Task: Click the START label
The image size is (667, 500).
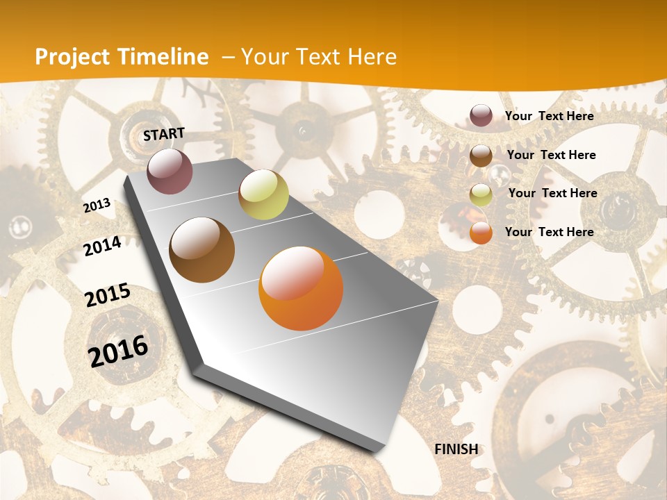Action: tap(164, 133)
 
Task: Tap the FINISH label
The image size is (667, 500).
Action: tap(456, 449)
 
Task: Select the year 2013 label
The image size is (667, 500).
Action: tap(97, 206)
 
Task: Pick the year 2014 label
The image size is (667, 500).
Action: tap(102, 246)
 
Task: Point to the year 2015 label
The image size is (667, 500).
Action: tap(108, 295)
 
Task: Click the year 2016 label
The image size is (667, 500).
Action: tap(118, 351)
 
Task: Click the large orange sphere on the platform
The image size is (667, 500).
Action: tap(301, 288)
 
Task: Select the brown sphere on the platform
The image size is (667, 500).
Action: tap(202, 250)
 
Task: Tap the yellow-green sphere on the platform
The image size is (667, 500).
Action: tap(263, 194)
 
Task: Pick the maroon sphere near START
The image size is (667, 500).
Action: tap(170, 172)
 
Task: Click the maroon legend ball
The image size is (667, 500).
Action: tap(481, 116)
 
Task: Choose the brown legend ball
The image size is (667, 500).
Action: tap(481, 156)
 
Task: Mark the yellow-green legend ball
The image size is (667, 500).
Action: tap(481, 194)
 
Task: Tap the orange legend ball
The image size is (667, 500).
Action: tap(481, 233)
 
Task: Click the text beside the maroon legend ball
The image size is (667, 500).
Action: tap(549, 116)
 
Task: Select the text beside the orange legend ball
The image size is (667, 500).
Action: tap(549, 232)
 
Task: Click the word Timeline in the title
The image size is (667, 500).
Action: tap(164, 57)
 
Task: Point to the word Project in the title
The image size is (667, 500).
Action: tap(73, 57)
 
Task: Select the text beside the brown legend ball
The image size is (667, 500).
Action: tap(551, 155)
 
